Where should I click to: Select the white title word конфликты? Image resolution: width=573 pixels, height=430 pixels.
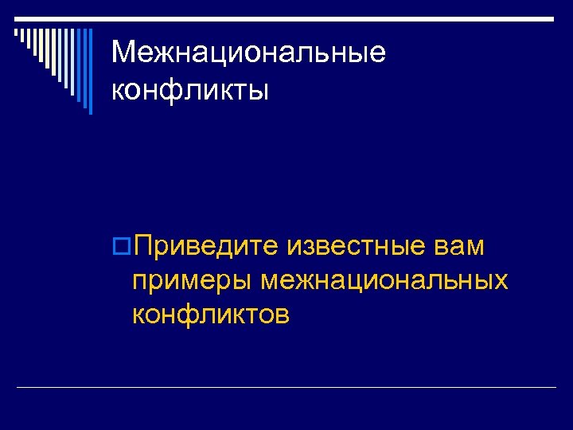[190, 89]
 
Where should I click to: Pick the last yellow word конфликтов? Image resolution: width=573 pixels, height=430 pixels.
[211, 315]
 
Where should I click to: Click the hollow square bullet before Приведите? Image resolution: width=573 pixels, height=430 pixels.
[123, 248]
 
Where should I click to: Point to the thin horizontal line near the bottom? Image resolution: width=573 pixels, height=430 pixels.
[286, 388]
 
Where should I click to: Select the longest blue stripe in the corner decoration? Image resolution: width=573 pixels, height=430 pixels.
[90, 72]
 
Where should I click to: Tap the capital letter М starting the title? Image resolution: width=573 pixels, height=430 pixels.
[123, 53]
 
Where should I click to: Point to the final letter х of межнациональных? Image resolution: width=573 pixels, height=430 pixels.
[501, 281]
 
